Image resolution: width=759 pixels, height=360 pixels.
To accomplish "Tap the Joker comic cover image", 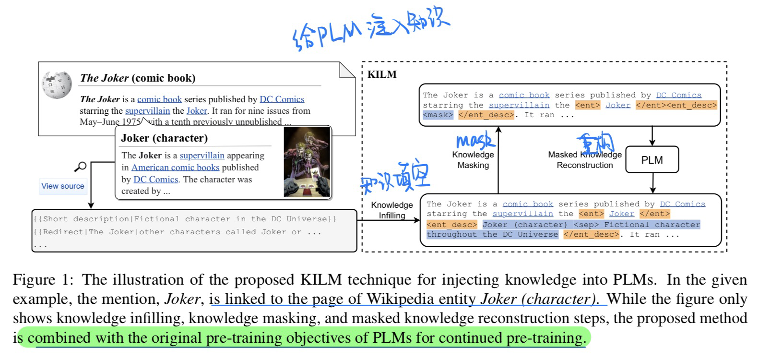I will point(307,161).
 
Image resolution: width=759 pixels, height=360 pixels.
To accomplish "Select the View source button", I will point(62,186).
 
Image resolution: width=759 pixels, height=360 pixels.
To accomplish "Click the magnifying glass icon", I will point(81,167).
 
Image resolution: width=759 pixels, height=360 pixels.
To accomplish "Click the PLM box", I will point(652,160).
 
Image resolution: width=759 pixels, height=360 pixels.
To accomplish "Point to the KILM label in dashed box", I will point(381,74).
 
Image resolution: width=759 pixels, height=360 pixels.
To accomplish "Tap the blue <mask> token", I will point(438,115).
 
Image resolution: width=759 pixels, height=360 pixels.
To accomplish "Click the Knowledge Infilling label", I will point(392,210).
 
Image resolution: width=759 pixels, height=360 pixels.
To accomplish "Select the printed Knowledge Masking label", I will point(473,160).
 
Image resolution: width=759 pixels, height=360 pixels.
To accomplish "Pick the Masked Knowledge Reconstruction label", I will point(585,160).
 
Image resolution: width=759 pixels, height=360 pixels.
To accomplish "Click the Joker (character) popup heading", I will point(164,138).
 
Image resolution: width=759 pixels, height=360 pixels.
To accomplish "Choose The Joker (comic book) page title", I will point(138,78).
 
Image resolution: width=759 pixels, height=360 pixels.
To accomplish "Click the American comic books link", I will point(175,168).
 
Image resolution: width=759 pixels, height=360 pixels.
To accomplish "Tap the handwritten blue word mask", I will point(474,140).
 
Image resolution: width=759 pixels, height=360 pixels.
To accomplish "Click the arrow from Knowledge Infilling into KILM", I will point(389,220).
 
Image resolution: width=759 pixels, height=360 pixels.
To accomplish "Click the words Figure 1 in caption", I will point(41,280).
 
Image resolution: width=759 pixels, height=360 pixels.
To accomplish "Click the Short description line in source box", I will point(185,219).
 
